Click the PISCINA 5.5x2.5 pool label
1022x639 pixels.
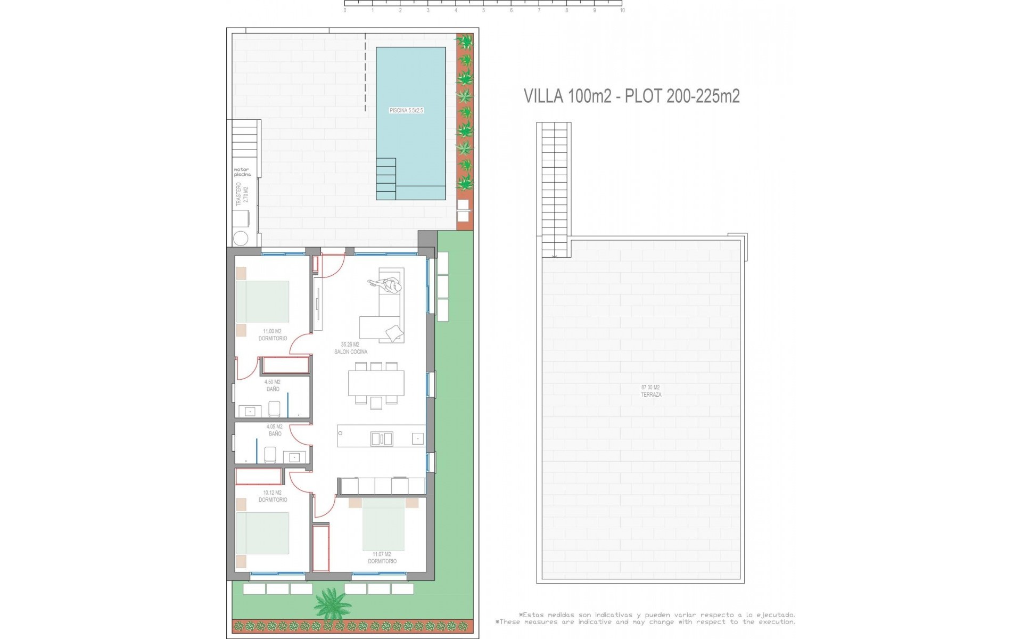[406, 111]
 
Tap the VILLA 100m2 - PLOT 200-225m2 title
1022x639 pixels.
[631, 96]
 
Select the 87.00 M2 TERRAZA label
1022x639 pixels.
[651, 391]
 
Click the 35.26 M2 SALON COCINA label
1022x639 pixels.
[350, 348]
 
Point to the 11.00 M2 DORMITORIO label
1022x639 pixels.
[273, 335]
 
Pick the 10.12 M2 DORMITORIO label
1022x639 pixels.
[273, 496]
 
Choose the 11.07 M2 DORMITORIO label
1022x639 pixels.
[382, 558]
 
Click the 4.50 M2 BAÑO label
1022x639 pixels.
[273, 386]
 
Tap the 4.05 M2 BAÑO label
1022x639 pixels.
[275, 430]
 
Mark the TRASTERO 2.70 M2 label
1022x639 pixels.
[242, 194]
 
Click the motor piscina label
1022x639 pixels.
[242, 172]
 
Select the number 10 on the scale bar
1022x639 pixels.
[622, 11]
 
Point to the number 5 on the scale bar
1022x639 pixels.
[483, 11]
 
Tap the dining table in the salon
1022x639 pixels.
[376, 383]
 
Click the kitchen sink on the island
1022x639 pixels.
[382, 439]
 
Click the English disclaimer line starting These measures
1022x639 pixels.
[646, 622]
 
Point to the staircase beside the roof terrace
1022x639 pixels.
[554, 189]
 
